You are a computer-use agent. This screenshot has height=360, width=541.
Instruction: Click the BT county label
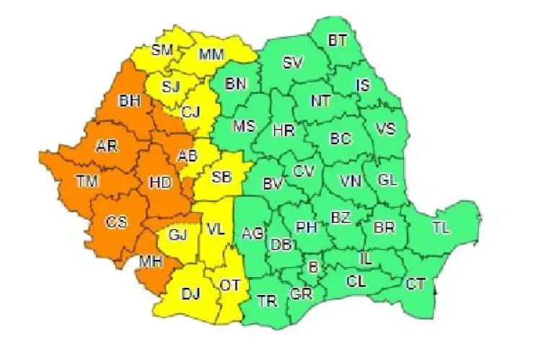coord(337,40)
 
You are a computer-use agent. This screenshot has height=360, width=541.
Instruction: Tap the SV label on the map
coord(292,63)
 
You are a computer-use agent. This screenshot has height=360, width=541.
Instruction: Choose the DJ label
coord(190,292)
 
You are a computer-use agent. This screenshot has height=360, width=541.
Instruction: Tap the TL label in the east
coord(441,227)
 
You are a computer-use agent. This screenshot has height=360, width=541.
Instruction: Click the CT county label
coord(415,283)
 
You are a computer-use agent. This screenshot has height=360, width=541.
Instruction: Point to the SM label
coord(162,50)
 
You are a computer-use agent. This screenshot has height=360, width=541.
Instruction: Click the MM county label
coord(211,54)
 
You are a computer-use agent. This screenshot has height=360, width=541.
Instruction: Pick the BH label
coord(131,101)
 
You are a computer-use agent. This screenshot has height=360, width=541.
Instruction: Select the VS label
coord(386,130)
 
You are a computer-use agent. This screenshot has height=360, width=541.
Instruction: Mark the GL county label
coord(387,179)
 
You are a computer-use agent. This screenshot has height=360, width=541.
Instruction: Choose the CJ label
coord(190,111)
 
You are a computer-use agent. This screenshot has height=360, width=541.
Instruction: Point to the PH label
coord(307,228)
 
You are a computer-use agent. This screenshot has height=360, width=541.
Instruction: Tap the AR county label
coord(106,146)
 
